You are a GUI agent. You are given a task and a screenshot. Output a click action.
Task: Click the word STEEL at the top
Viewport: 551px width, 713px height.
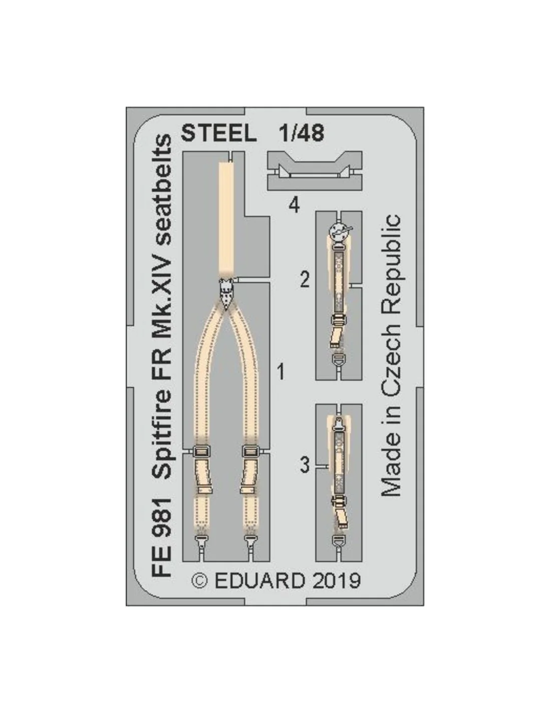click(218, 133)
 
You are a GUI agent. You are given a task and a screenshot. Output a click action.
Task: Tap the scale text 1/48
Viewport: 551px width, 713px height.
click(301, 133)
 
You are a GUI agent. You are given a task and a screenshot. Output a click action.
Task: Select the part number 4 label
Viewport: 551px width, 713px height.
click(295, 206)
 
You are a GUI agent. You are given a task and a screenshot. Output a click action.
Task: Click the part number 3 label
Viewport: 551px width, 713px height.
click(305, 465)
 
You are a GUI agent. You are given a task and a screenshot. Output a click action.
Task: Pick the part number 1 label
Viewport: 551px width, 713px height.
click(281, 373)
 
